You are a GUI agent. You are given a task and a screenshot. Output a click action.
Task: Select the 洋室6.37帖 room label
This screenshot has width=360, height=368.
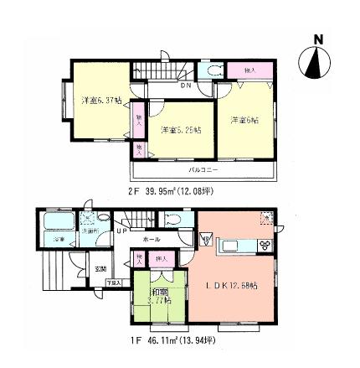click(x=95, y=101)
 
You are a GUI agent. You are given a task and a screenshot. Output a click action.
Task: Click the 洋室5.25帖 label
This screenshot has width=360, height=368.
click(x=180, y=129)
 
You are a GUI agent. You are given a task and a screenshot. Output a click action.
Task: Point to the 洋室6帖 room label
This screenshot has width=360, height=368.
click(x=244, y=120)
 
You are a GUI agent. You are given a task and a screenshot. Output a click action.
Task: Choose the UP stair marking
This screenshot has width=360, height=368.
click(x=122, y=228)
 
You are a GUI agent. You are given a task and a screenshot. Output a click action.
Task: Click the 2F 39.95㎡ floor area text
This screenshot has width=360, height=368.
click(x=171, y=190)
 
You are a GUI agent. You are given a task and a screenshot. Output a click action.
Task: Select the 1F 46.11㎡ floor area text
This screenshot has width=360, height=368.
click(x=173, y=340)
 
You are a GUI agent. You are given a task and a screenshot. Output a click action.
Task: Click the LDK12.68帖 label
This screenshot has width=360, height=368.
click(x=231, y=286)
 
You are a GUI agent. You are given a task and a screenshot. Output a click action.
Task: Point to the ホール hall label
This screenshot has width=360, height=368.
click(x=152, y=239)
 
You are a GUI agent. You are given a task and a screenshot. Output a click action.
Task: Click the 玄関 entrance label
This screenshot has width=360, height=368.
click(x=100, y=268)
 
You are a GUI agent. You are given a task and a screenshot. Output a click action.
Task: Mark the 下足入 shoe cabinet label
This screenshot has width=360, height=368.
click(x=114, y=285)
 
